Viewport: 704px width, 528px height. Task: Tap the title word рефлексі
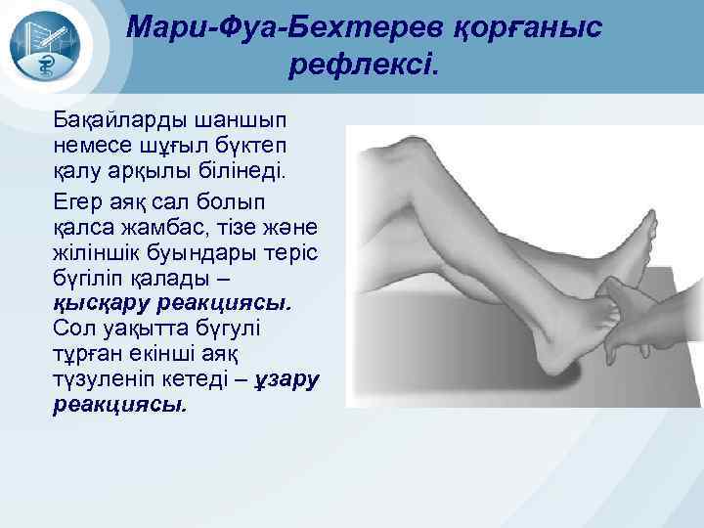pyautogui.click(x=366, y=66)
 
